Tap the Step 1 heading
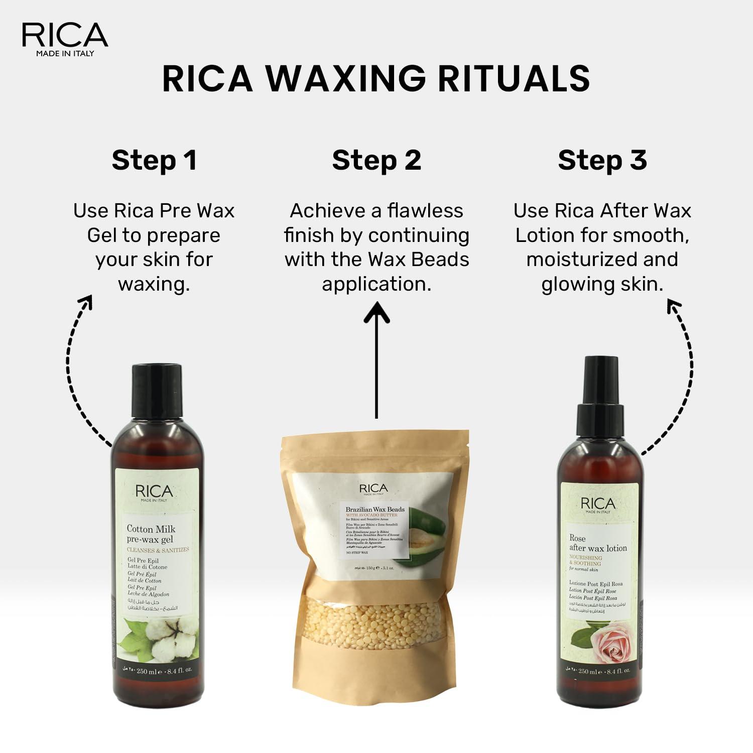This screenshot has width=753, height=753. tap(154, 160)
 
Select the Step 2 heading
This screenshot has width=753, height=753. tap(376, 160)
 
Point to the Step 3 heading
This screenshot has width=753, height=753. tap(602, 160)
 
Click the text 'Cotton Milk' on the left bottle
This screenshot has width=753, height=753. tap(151, 529)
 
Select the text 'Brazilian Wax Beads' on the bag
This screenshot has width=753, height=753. tap(375, 509)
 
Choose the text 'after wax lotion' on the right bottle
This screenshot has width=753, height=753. tap(598, 548)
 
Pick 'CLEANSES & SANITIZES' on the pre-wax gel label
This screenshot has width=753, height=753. tap(158, 550)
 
